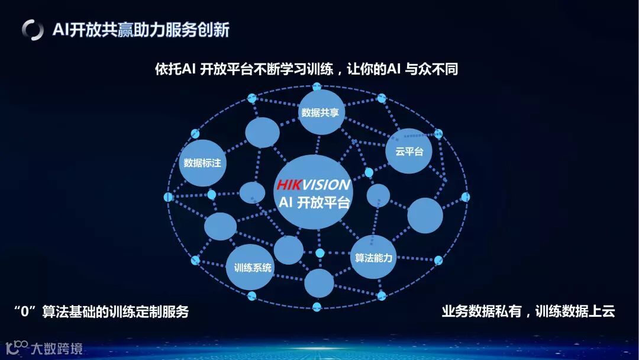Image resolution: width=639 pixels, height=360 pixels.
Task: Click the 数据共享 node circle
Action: click(x=320, y=112)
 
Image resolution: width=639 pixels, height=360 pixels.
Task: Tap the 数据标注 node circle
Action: click(x=202, y=162)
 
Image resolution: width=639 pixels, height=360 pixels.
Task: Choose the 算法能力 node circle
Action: click(x=373, y=258)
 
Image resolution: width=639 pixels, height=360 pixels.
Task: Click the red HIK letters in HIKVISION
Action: click(x=290, y=185)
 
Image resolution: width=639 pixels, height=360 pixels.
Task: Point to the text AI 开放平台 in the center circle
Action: click(x=314, y=202)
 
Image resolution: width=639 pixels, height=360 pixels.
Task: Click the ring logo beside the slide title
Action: click(x=33, y=30)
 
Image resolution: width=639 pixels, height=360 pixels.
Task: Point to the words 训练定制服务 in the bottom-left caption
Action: click(x=149, y=311)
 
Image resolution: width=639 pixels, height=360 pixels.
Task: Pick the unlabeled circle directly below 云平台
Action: click(x=425, y=216)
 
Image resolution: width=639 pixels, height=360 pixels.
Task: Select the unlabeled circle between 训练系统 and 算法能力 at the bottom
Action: click(x=319, y=282)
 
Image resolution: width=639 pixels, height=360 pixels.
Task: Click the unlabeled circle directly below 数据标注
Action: click(x=220, y=226)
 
